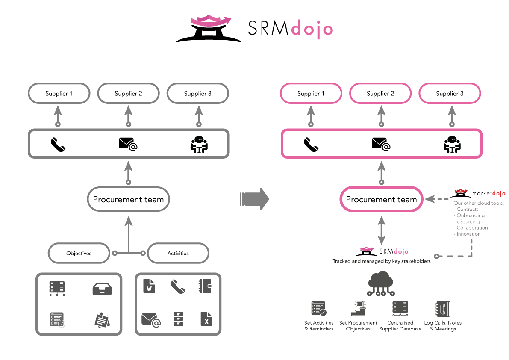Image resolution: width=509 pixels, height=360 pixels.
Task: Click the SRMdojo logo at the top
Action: [254, 29]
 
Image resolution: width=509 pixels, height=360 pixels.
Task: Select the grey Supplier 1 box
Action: [59, 94]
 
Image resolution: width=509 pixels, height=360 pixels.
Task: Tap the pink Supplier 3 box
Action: [450, 94]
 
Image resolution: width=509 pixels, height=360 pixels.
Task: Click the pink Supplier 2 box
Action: [380, 94]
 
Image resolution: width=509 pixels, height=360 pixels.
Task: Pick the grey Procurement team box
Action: [128, 199]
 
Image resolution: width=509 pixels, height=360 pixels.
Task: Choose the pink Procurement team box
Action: [381, 199]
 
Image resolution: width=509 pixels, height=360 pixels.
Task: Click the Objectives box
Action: [79, 253]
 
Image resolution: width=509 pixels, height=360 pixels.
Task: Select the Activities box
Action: [178, 253]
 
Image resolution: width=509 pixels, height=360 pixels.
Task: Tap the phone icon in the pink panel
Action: [311, 145]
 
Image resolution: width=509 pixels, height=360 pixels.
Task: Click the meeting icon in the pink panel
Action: [451, 145]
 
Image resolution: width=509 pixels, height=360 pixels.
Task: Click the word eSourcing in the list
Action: [468, 221]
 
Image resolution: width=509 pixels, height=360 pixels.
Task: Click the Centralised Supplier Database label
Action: [400, 326]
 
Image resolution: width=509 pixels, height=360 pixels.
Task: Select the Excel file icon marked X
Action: [206, 319]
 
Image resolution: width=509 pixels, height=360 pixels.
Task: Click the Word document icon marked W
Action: [149, 286]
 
